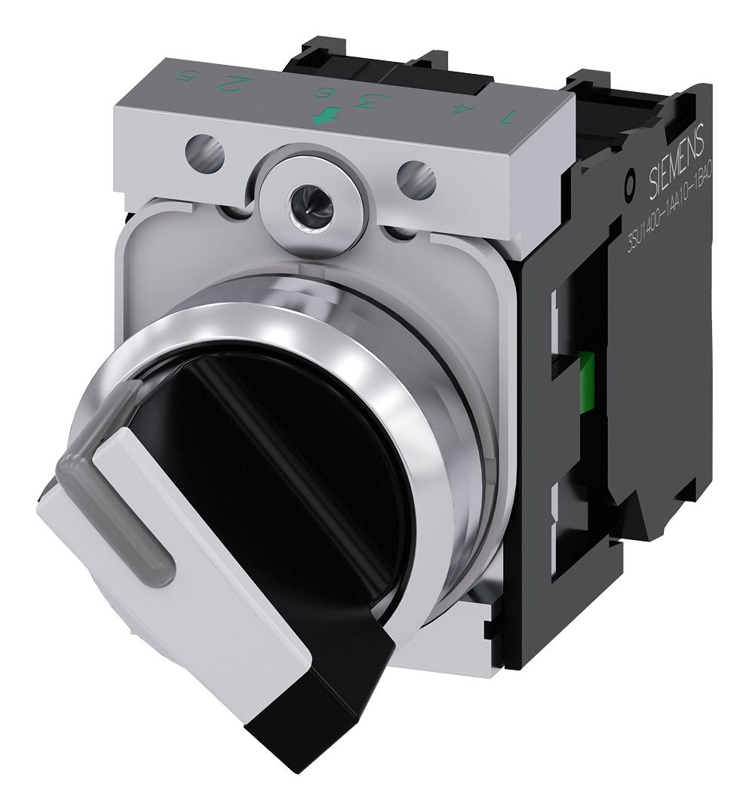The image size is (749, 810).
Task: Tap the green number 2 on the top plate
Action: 241,84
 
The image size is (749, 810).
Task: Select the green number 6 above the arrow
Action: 327,93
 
